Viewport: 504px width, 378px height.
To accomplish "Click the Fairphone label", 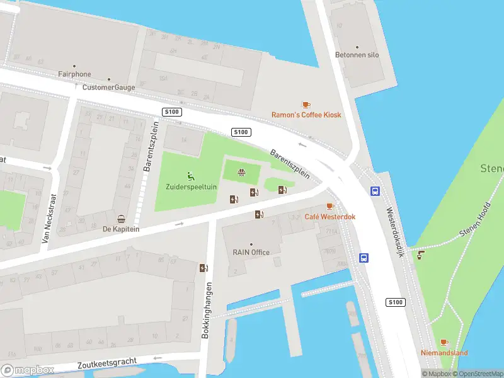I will (x=74, y=74).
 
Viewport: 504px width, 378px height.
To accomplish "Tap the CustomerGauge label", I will (x=108, y=88).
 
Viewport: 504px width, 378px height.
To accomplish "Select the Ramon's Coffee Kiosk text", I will (x=306, y=115).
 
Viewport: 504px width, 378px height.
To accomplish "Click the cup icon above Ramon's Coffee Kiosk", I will (x=306, y=105).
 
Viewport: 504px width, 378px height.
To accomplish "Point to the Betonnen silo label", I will (x=357, y=55).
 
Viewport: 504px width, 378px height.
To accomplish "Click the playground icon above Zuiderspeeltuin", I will (x=190, y=176).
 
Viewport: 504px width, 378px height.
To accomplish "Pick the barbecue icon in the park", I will (x=241, y=172).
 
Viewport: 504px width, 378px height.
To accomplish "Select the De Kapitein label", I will (x=121, y=229).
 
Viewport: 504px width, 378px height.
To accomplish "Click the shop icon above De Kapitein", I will (x=121, y=219).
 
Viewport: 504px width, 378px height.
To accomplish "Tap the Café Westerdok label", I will (x=330, y=217).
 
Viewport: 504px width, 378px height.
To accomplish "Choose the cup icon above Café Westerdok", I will (x=329, y=207).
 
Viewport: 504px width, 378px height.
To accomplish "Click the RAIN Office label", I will (x=251, y=252).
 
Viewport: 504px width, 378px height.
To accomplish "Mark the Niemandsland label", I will (x=444, y=353).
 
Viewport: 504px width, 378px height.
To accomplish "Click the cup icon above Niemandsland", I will (x=444, y=343).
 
